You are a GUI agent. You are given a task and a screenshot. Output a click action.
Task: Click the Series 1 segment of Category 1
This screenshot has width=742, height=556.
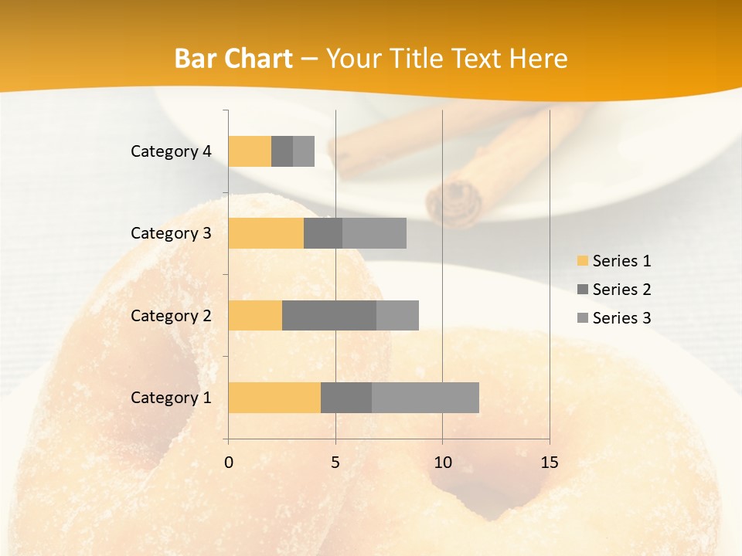274,398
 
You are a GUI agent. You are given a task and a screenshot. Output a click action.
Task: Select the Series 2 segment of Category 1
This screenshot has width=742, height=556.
346,398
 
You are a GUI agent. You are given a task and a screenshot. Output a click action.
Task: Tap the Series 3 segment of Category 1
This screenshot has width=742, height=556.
425,398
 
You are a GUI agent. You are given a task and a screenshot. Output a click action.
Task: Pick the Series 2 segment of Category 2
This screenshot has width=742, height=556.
329,315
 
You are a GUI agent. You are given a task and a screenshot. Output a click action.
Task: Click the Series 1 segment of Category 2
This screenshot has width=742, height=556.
255,315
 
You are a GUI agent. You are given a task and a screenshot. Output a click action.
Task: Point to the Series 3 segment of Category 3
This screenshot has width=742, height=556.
374,233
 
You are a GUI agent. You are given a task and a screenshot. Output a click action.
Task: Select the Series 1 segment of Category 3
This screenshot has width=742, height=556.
266,233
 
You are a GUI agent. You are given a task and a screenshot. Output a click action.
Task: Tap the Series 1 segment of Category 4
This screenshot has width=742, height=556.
250,151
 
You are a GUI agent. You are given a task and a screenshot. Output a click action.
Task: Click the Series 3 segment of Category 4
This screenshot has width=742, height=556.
304,151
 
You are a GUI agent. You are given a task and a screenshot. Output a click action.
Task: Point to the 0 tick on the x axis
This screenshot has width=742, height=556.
229,463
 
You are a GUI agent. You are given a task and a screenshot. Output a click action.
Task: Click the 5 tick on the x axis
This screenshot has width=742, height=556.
335,463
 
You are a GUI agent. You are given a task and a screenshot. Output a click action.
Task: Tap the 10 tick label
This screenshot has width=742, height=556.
442,463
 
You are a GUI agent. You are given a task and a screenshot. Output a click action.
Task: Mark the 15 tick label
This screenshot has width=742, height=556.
549,463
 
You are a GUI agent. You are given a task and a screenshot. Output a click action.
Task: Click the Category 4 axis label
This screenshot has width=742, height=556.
171,151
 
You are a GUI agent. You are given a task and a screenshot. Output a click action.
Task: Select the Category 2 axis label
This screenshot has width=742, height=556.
171,315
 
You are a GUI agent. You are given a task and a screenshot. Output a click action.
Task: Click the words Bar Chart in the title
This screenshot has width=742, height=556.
233,59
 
